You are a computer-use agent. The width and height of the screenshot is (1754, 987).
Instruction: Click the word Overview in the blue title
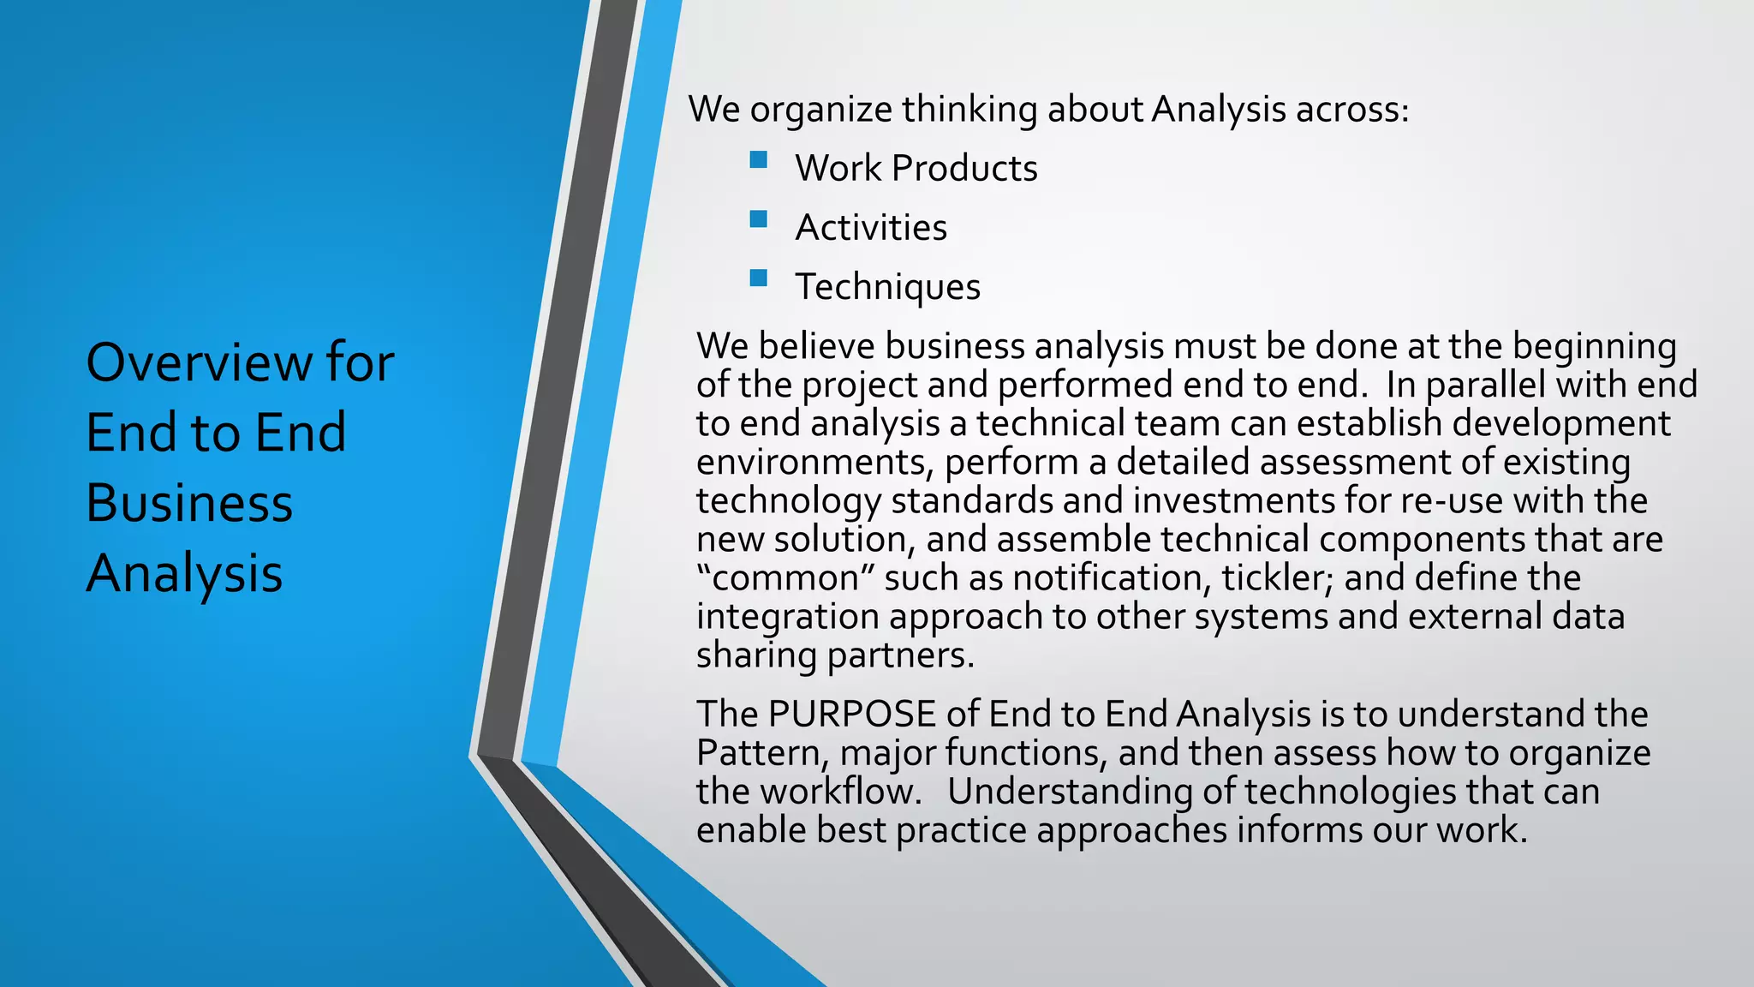(199, 362)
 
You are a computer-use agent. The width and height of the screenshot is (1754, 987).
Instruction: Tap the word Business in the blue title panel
(189, 503)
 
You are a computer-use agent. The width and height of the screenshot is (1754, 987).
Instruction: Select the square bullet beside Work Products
(758, 160)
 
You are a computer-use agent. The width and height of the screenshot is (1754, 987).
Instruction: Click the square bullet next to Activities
(758, 219)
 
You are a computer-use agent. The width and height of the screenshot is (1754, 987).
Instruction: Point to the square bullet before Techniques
(758, 278)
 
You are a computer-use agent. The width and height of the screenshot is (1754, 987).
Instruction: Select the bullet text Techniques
(887, 287)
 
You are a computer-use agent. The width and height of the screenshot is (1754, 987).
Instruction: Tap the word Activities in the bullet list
(871, 228)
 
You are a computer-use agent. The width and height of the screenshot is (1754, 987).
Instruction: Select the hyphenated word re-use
(1452, 500)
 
